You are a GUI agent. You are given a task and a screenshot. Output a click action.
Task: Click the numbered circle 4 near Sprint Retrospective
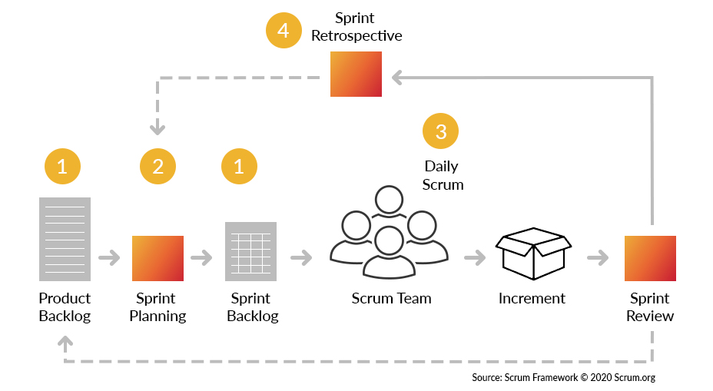pos(284,31)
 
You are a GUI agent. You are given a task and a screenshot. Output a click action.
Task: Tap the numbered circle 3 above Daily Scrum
pos(440,131)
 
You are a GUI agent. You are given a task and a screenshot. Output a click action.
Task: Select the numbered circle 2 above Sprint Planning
pos(158,166)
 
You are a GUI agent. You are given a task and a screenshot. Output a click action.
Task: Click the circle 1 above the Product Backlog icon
pos(62,166)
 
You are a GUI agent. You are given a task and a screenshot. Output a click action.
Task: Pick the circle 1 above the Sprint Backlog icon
pos(238,166)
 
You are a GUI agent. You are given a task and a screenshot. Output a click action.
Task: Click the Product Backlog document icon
pos(65,239)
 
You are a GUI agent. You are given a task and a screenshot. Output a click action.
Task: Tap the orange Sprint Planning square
pos(158,258)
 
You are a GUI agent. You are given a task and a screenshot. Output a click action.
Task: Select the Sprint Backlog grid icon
pos(250,251)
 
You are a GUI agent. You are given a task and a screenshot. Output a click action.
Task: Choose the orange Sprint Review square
pos(650,258)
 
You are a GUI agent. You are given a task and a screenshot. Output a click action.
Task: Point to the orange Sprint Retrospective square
pos(356,74)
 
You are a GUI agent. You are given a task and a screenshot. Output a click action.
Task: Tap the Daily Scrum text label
pos(442,175)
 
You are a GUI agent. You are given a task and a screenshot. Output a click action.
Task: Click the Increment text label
pos(532,298)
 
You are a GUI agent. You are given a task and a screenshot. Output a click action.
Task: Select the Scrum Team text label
pos(391,298)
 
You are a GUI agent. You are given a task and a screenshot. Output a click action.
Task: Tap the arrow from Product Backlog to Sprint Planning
pos(110,258)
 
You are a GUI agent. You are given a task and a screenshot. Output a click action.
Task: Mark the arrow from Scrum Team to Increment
pos(475,258)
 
